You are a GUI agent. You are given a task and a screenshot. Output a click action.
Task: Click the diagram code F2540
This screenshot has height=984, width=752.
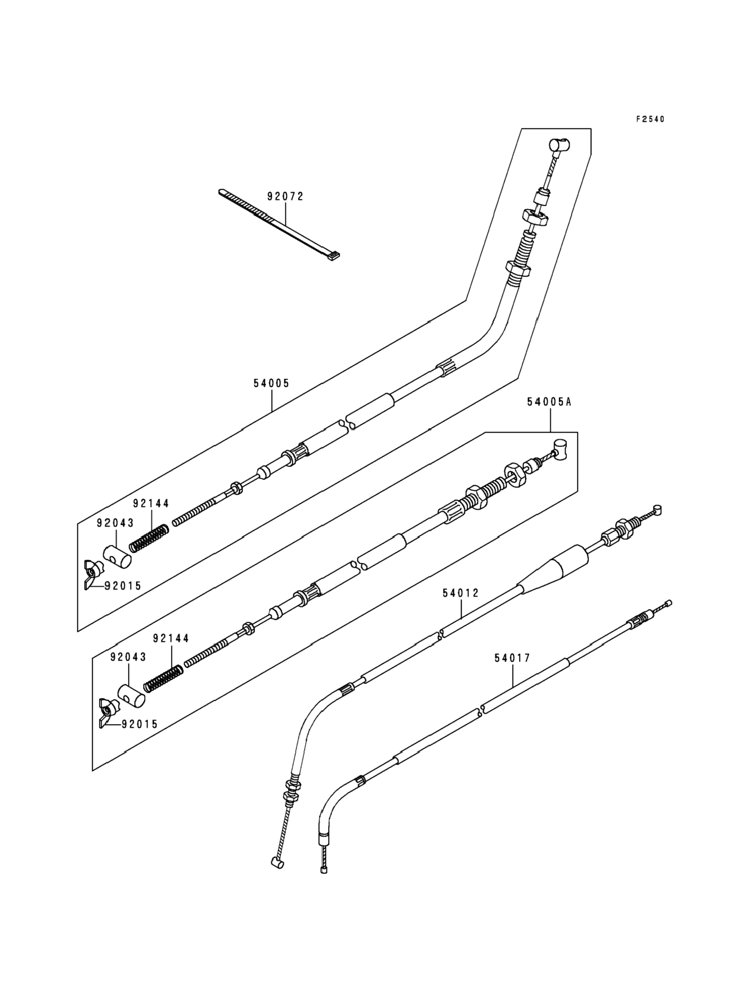pyautogui.click(x=650, y=120)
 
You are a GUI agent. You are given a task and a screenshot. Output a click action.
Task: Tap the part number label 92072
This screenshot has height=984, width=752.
pyautogui.click(x=286, y=196)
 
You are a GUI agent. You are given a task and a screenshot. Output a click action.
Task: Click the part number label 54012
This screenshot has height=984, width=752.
pyautogui.click(x=461, y=593)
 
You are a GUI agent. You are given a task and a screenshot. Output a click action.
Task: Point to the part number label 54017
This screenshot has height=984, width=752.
pyautogui.click(x=513, y=658)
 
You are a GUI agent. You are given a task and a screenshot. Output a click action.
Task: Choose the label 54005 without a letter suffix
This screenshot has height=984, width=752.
pyautogui.click(x=272, y=383)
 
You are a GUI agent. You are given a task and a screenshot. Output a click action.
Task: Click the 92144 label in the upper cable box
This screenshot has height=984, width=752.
pyautogui.click(x=151, y=504)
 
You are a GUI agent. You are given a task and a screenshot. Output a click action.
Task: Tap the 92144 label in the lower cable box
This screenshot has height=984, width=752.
pyautogui.click(x=171, y=638)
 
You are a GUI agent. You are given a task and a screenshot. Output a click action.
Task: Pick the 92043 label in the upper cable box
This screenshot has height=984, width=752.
pyautogui.click(x=115, y=523)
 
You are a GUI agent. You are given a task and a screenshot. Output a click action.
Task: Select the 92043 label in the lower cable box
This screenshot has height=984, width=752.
pyautogui.click(x=128, y=657)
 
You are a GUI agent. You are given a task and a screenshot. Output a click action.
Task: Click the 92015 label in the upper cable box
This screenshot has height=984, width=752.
pyautogui.click(x=123, y=586)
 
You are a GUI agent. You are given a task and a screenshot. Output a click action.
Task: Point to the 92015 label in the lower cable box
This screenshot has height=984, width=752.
pyautogui.click(x=140, y=724)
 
